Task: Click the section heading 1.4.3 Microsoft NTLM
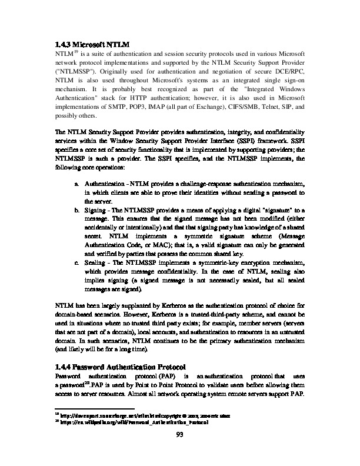(x=92, y=44)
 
